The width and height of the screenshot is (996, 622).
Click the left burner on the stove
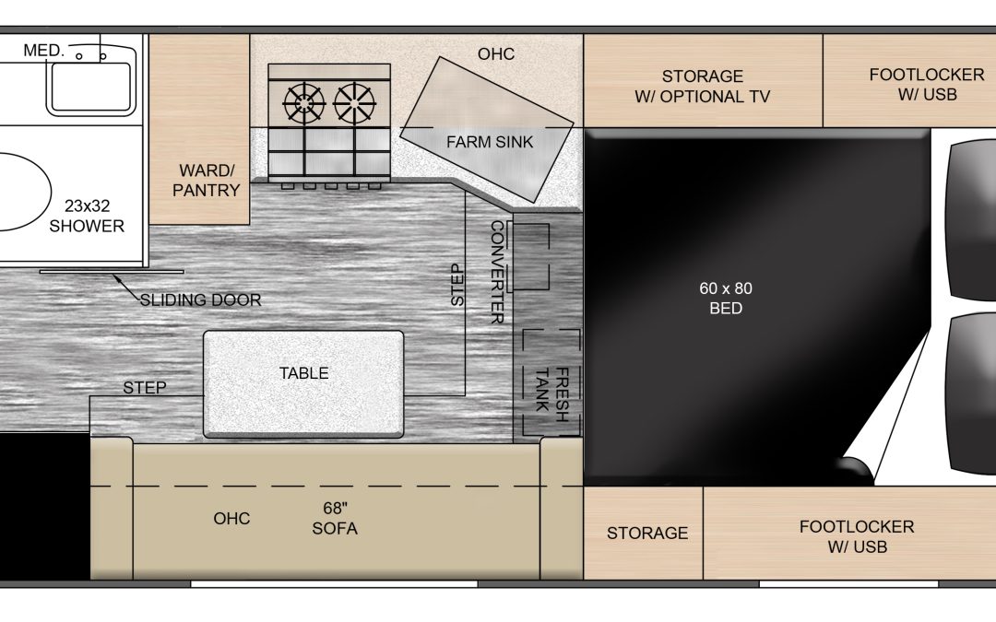[304, 102]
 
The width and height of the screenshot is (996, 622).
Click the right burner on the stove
[354, 102]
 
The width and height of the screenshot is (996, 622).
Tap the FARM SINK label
[490, 142]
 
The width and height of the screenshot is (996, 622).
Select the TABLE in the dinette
[303, 384]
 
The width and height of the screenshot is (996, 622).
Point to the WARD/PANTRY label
[206, 181]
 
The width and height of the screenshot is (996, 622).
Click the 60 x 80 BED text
[726, 299]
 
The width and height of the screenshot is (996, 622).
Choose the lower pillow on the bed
[972, 393]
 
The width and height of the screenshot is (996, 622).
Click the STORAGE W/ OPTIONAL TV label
[703, 87]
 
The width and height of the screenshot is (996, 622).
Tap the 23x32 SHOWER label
[87, 216]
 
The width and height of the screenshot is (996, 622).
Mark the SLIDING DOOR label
[201, 299]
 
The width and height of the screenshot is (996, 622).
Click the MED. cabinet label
[44, 50]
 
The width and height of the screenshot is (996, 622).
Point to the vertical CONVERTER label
[497, 272]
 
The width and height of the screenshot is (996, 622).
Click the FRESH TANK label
[552, 393]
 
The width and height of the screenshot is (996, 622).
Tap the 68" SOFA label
[335, 519]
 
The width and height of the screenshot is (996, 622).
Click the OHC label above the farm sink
[496, 54]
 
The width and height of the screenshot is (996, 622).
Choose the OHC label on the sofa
[231, 519]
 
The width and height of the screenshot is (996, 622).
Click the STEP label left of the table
[145, 387]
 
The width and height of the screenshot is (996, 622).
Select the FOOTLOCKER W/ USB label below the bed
[857, 536]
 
